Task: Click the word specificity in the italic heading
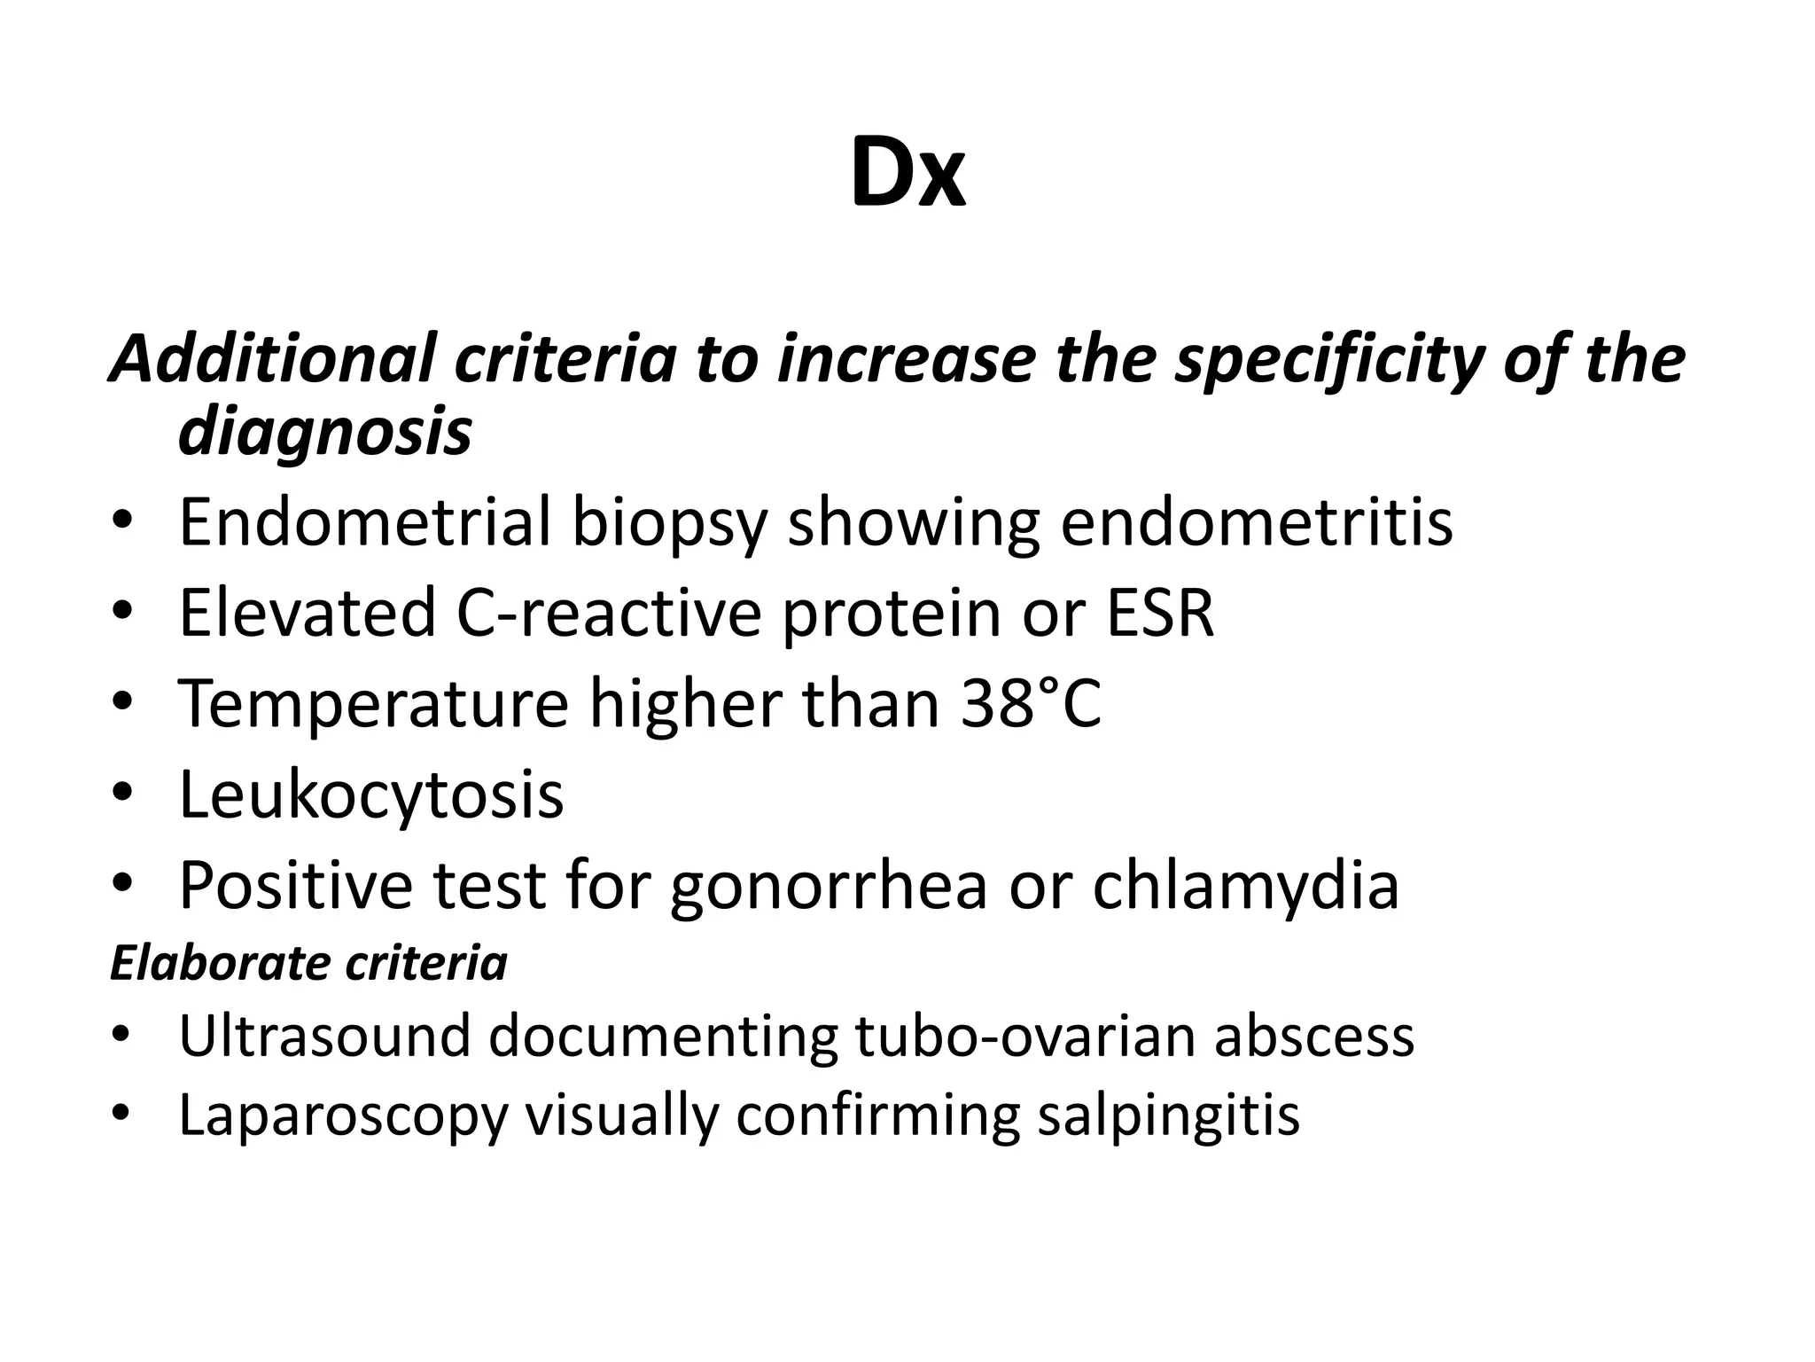(x=1328, y=359)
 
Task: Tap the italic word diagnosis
(x=324, y=432)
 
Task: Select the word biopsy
(x=669, y=523)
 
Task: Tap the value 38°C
(x=1030, y=703)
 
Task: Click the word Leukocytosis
(x=370, y=794)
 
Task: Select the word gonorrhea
(x=828, y=887)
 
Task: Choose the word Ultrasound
(x=323, y=1036)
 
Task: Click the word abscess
(x=1313, y=1036)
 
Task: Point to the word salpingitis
(x=1168, y=1115)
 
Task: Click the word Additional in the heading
(x=272, y=359)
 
